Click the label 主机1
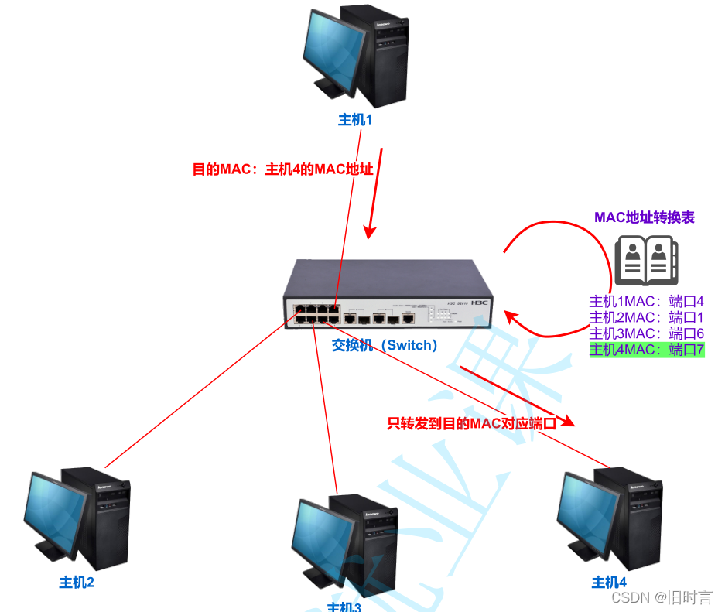[x=355, y=120]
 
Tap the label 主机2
[x=77, y=582]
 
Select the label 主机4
[x=609, y=582]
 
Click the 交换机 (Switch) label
[x=385, y=345]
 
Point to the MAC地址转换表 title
[x=645, y=217]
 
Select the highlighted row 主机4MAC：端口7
[x=647, y=350]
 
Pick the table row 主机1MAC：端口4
[x=647, y=301]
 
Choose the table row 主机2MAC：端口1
[x=647, y=317]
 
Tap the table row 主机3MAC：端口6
[x=647, y=333]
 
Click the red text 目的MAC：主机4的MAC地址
[x=283, y=169]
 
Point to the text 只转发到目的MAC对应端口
[x=472, y=423]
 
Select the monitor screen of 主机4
[x=585, y=506]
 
